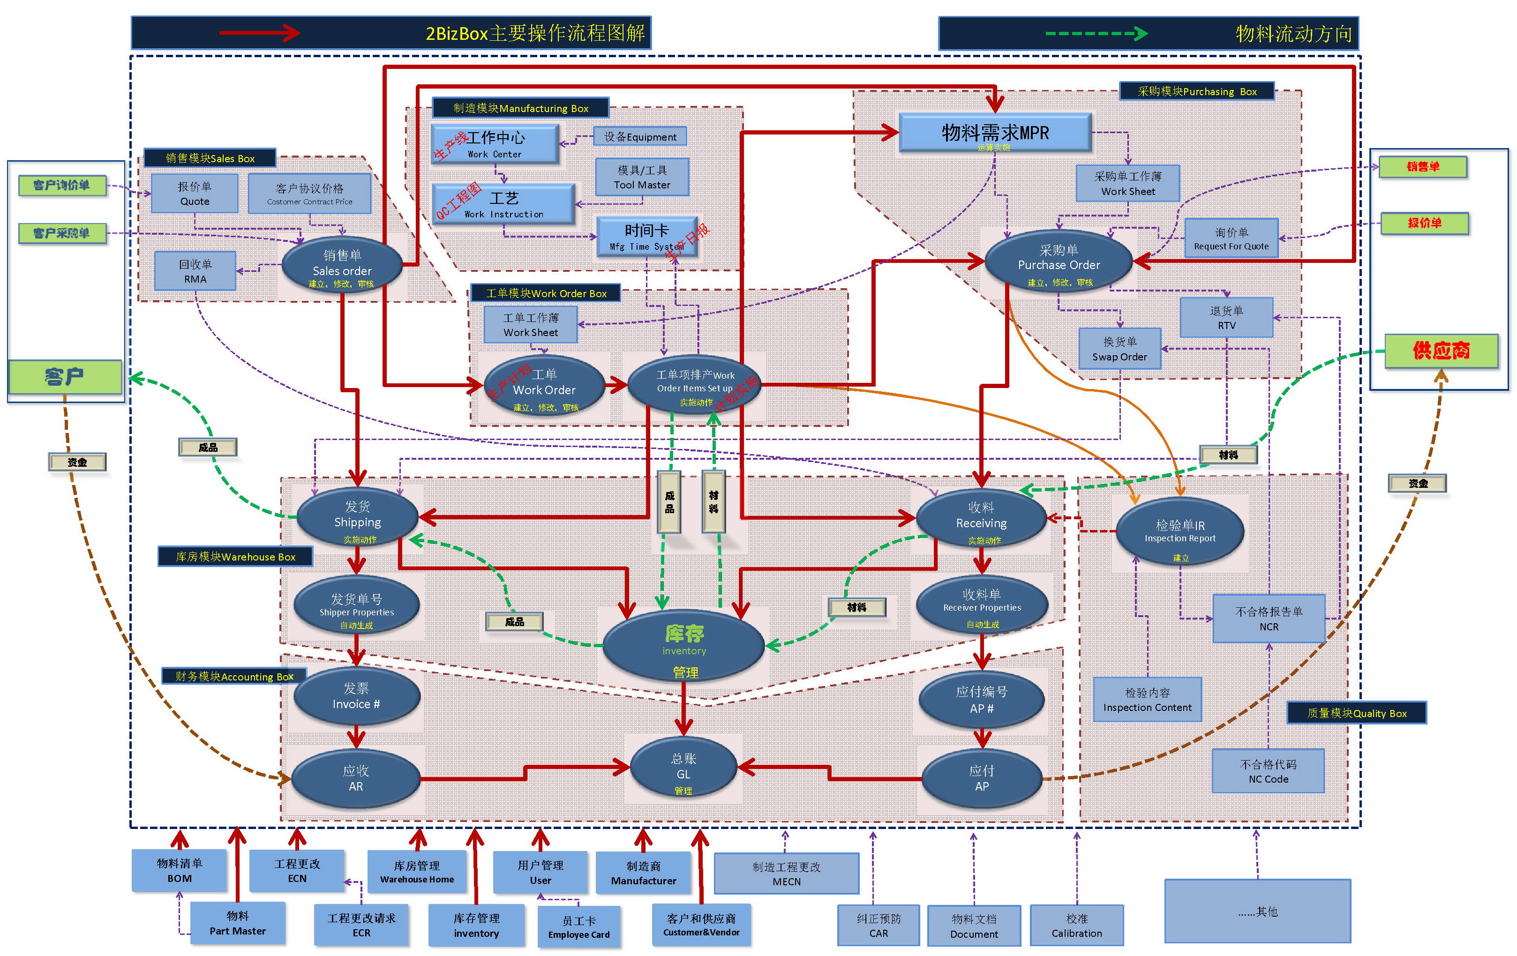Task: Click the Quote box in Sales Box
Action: tap(195, 194)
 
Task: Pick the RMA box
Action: tap(195, 271)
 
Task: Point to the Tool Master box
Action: tap(642, 178)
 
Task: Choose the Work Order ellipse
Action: tap(544, 384)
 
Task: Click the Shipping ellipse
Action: tap(357, 516)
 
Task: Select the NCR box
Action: tap(1269, 619)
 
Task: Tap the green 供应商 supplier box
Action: tap(1441, 351)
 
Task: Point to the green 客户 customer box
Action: tap(65, 377)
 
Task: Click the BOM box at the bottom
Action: tap(180, 870)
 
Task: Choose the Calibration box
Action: tap(1077, 926)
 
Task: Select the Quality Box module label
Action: tap(1356, 713)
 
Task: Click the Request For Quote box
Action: tap(1231, 239)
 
